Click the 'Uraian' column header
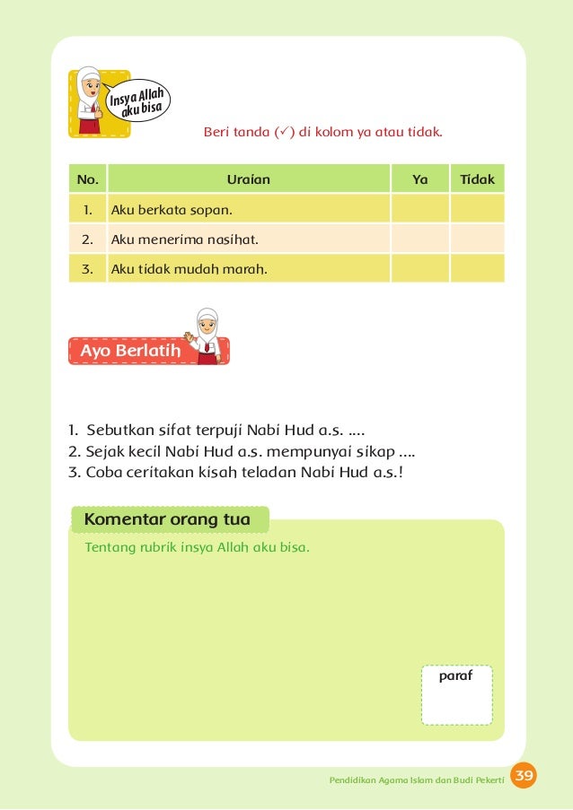(x=248, y=179)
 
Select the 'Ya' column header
(x=419, y=179)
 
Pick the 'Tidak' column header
(x=477, y=179)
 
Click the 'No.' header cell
(x=88, y=179)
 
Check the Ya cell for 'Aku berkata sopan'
(x=419, y=211)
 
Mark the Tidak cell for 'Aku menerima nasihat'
(x=477, y=240)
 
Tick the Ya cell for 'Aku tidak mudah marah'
(x=419, y=267)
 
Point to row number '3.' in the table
(x=88, y=267)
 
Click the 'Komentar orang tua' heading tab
(x=167, y=519)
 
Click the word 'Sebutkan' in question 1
(x=117, y=429)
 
